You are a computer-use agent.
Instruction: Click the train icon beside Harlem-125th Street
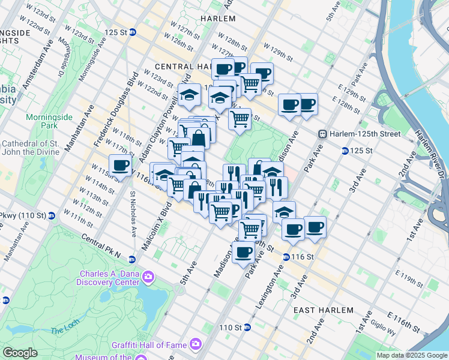click(x=322, y=133)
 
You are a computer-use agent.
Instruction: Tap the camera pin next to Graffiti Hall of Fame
click(x=195, y=344)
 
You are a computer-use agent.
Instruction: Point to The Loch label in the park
click(x=61, y=330)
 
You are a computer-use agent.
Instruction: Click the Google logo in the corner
click(x=20, y=353)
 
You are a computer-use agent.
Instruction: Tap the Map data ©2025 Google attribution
click(x=412, y=355)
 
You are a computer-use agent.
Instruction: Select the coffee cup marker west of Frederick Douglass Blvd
click(x=119, y=165)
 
